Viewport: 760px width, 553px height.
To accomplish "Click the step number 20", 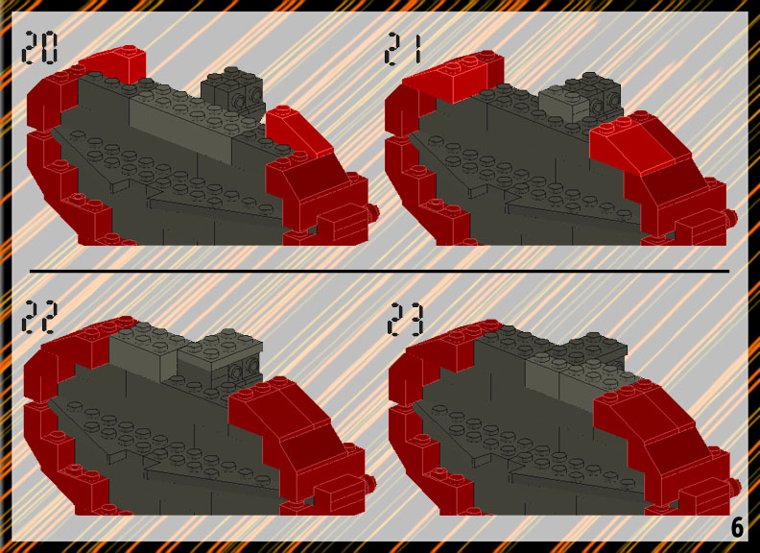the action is pos(39,48).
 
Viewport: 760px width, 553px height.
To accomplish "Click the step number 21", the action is pos(403,49).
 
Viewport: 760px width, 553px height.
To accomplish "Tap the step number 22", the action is pos(39,317).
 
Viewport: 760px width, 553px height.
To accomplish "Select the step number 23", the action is pos(405,319).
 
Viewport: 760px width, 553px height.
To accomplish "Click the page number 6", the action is pos(737,527).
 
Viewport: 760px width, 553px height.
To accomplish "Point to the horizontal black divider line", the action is pos(379,271).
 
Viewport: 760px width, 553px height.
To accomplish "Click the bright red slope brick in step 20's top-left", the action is pos(114,65).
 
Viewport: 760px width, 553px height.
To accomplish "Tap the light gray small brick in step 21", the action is pos(564,104).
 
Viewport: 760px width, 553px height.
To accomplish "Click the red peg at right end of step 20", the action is pos(373,212).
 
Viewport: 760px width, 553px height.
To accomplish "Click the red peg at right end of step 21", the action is pos(731,217).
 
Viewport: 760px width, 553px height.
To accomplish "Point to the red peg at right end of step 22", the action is pos(369,482).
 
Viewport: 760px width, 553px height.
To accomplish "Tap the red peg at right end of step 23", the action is pos(734,486).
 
